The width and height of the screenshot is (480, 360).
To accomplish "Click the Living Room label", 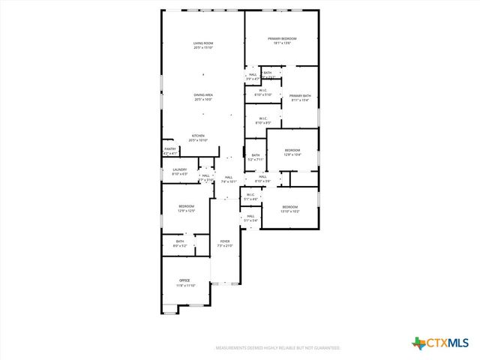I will click(203, 43).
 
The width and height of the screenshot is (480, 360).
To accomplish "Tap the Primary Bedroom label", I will click(282, 38).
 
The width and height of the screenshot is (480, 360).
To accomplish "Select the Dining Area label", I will click(203, 94).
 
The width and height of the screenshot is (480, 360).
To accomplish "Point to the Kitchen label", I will click(197, 136).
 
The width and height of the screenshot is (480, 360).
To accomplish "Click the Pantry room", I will click(170, 151).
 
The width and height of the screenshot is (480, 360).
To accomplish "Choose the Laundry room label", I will click(179, 169).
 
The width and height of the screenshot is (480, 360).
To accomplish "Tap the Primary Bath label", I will click(300, 96).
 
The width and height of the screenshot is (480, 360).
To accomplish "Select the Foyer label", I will click(225, 241).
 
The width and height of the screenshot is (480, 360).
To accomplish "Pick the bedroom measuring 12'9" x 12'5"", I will click(186, 208).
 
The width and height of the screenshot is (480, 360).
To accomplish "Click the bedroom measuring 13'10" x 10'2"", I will click(290, 208).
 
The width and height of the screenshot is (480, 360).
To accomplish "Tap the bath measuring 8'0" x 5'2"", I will click(180, 243).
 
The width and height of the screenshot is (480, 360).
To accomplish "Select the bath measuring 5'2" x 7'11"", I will click(256, 157).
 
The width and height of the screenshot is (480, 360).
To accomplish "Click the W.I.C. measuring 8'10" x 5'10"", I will click(263, 92).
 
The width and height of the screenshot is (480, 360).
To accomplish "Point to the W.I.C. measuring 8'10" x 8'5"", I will click(263, 120).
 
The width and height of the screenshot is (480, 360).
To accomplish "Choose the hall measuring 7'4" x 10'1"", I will click(229, 179).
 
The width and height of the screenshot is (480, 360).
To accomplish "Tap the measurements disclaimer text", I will click(278, 348).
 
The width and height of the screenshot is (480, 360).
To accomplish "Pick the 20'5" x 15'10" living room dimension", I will click(203, 48).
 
